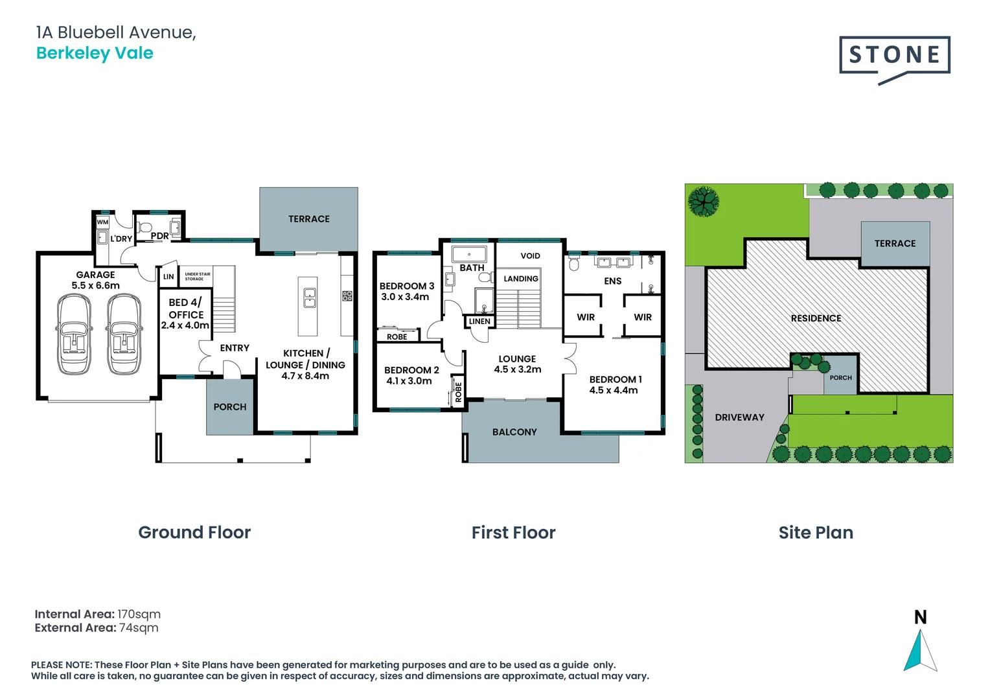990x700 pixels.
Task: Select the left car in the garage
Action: point(74,334)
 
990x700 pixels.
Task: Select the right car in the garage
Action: point(124,334)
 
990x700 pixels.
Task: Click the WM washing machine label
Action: point(102,222)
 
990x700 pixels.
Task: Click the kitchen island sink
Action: point(310,297)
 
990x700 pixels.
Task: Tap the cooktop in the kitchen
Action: point(347,296)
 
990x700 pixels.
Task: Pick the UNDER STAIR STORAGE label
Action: point(198,276)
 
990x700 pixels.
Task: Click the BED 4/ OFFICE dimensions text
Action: point(185,325)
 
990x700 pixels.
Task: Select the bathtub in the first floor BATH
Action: point(469,254)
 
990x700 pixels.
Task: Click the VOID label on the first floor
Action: point(530,256)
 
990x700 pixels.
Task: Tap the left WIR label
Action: point(586,317)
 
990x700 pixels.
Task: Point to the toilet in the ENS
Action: point(573,264)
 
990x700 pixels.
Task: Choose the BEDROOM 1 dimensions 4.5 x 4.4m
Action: point(614,390)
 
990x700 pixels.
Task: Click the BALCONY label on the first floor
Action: point(514,432)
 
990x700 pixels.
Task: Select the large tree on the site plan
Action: point(703,201)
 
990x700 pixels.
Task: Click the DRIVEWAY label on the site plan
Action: point(739,417)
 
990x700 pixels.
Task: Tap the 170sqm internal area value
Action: point(139,614)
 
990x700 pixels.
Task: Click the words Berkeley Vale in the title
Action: point(95,53)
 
